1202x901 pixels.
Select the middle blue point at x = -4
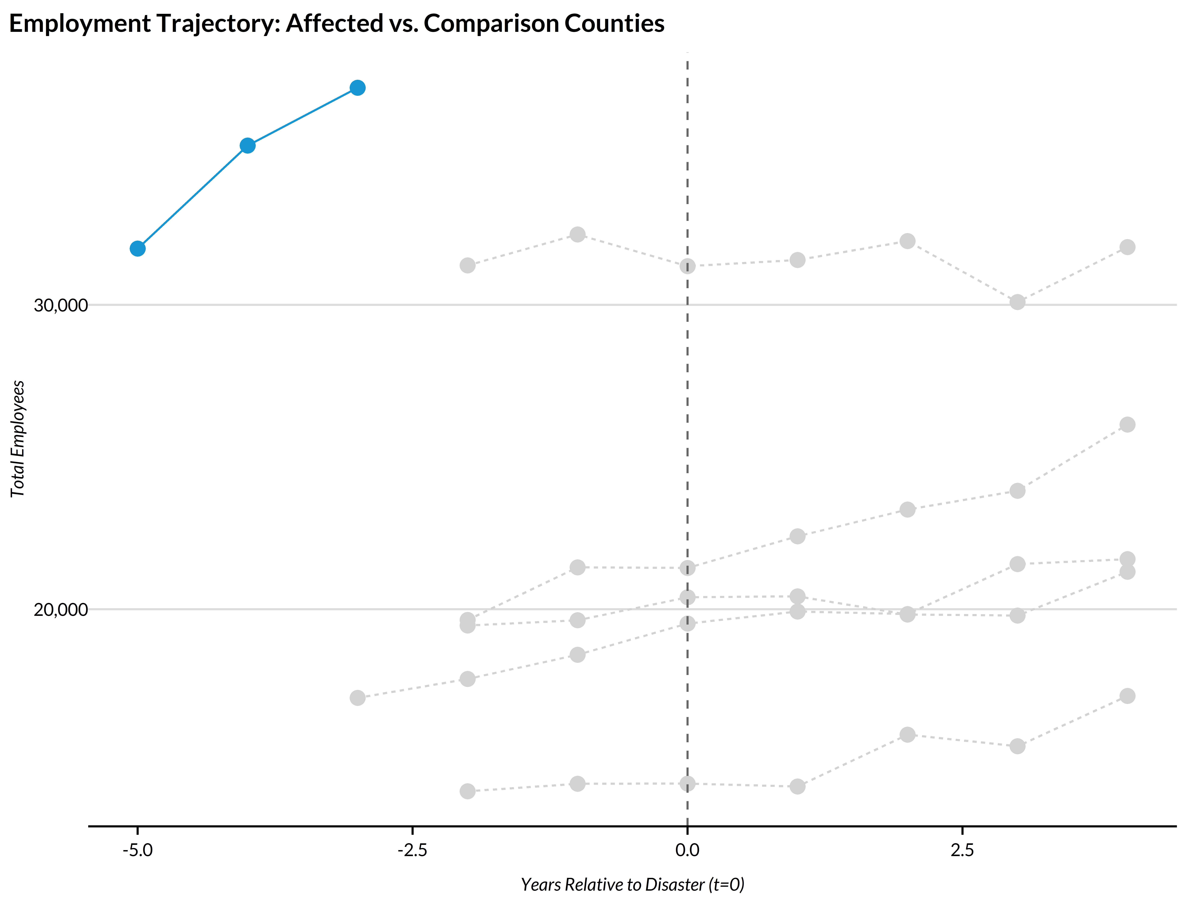(247, 146)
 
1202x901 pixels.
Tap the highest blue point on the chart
(357, 87)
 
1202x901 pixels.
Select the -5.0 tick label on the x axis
(137, 849)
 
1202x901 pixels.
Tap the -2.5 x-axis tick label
(412, 849)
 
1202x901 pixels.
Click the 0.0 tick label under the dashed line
(687, 849)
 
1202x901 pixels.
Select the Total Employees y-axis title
(18, 439)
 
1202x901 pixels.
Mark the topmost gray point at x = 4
(1128, 247)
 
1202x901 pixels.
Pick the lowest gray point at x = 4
(1128, 696)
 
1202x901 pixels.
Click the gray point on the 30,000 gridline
(1017, 302)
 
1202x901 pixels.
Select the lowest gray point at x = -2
(467, 791)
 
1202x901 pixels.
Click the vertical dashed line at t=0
(687, 434)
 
